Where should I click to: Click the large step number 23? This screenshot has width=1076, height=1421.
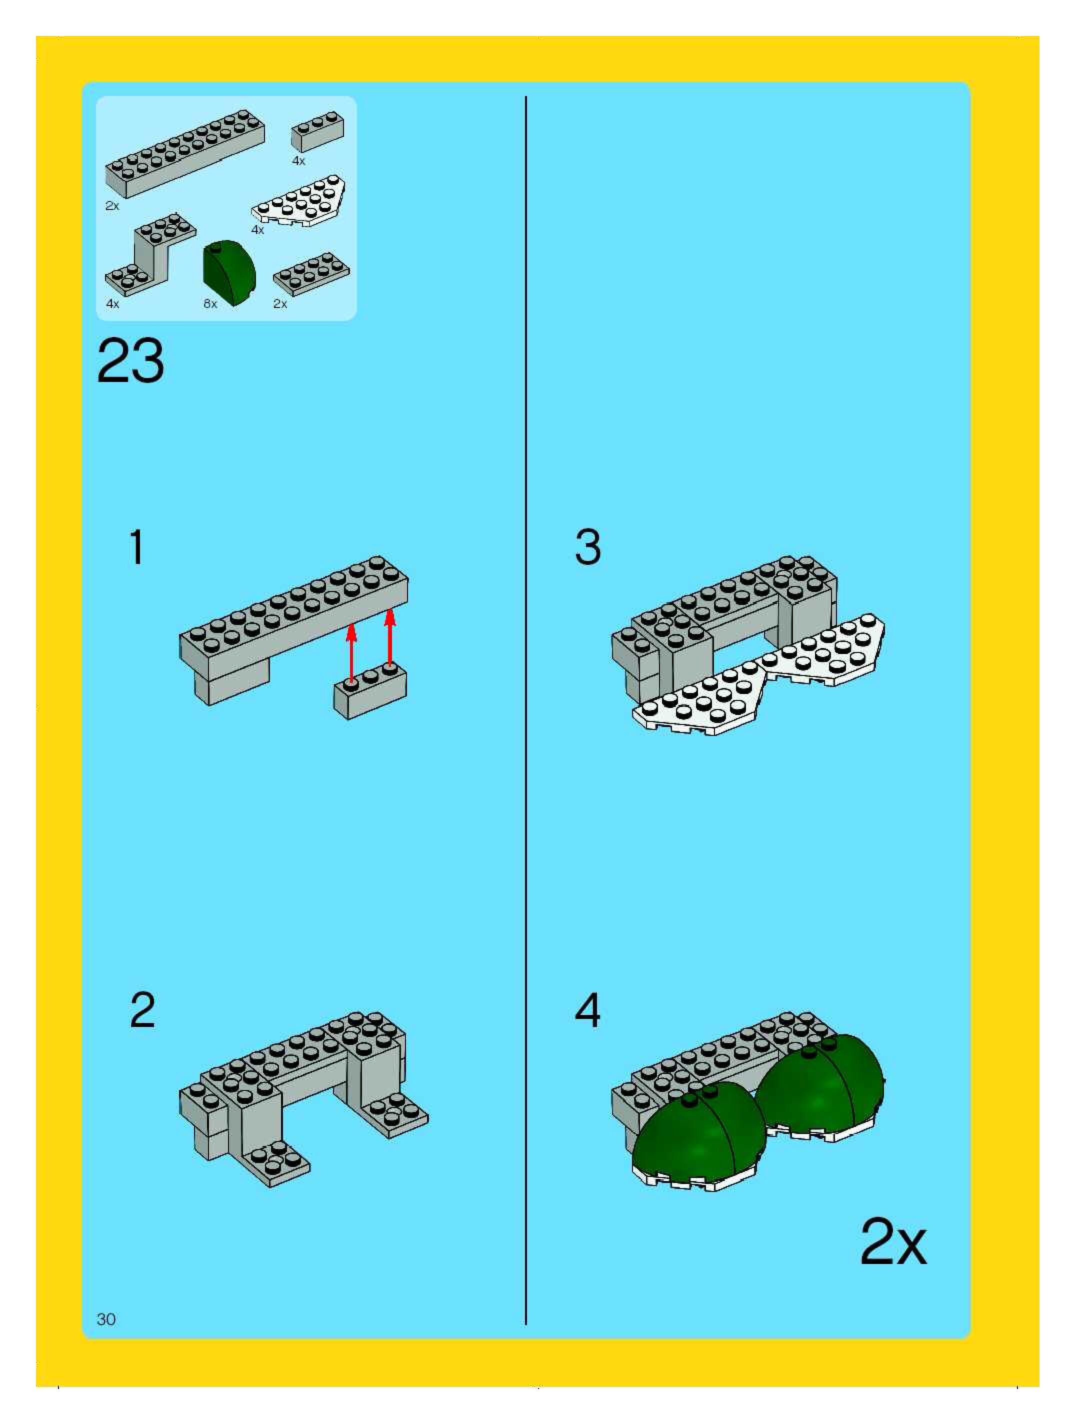(x=130, y=361)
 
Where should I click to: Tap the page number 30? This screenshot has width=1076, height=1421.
(x=106, y=1319)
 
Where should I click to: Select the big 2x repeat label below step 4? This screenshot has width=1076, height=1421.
(x=893, y=1242)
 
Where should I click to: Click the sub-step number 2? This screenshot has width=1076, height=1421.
(x=142, y=1010)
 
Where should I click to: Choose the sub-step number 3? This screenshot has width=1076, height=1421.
(x=588, y=547)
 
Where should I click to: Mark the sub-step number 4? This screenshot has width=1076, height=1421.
(x=587, y=1010)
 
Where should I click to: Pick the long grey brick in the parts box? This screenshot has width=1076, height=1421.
(x=185, y=153)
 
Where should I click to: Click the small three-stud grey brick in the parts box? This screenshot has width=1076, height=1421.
(x=317, y=131)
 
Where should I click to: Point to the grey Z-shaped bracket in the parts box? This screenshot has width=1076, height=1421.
(x=150, y=254)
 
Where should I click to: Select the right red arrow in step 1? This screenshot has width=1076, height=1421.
(x=389, y=638)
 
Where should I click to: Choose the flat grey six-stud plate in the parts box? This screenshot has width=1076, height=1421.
(x=311, y=274)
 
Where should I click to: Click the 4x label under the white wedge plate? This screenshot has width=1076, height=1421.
(x=257, y=230)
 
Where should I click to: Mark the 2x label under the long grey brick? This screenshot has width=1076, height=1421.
(x=112, y=206)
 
